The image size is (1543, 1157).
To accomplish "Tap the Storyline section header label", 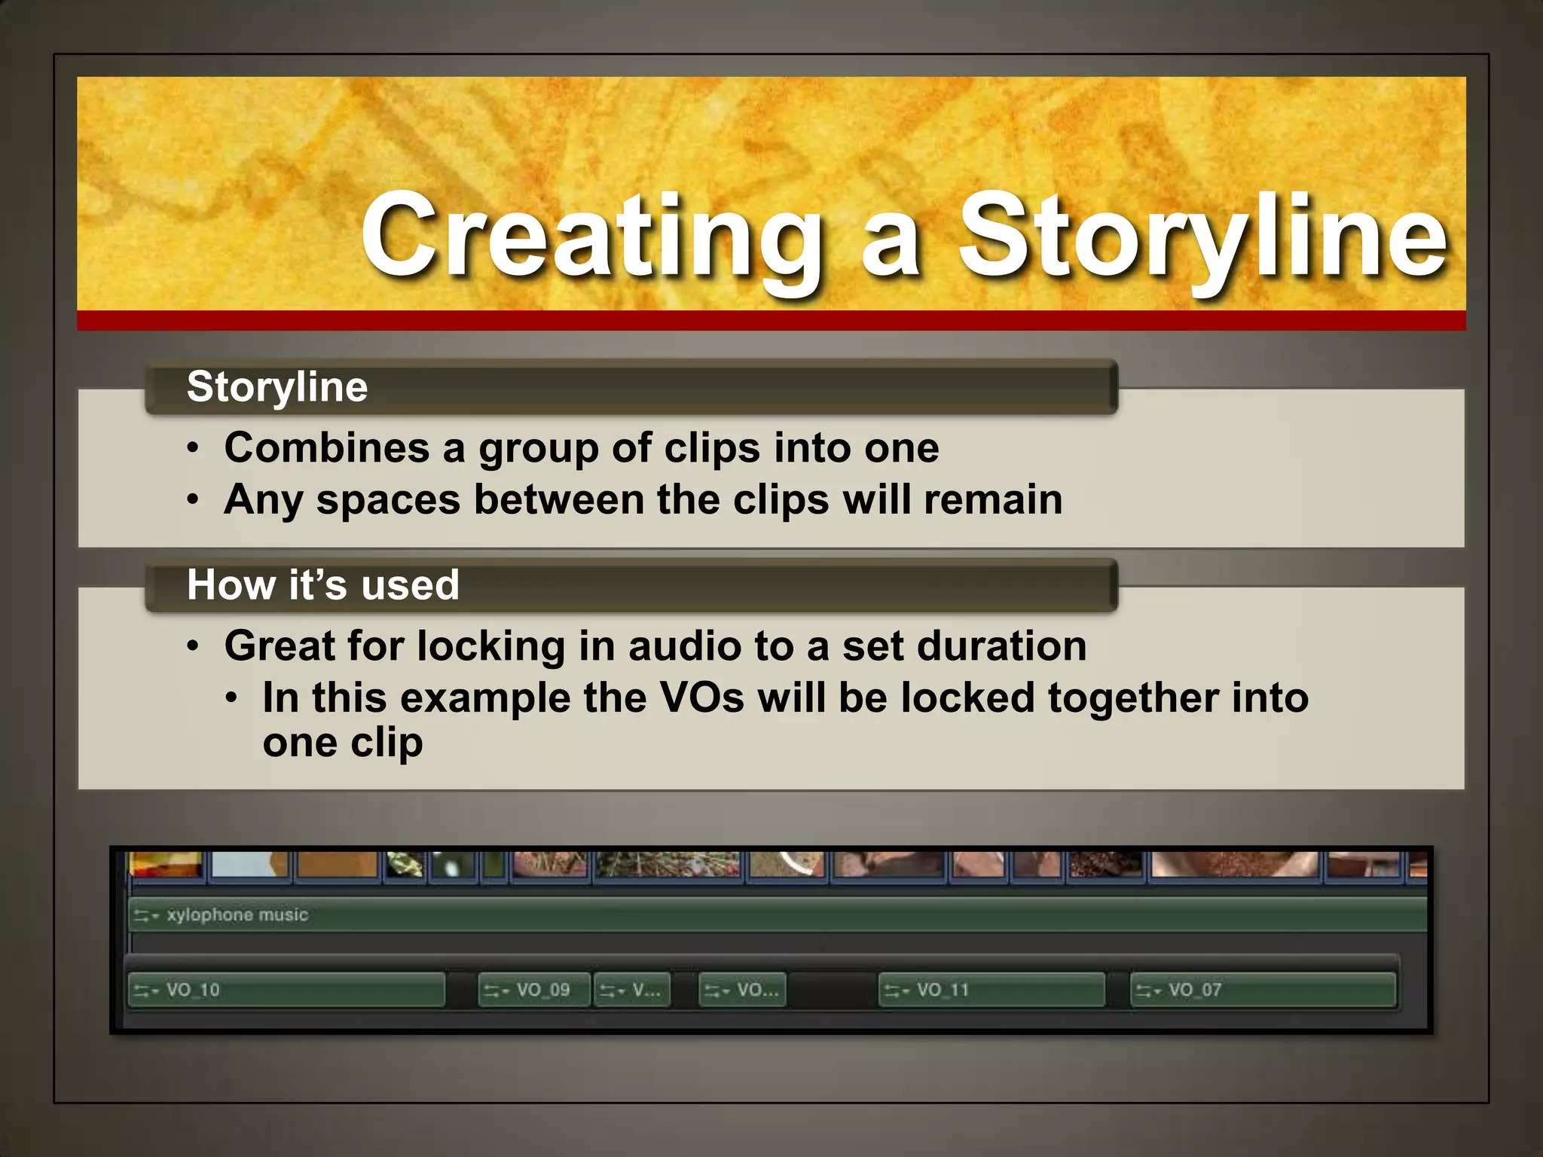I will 277,387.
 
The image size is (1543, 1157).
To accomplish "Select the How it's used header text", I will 323,585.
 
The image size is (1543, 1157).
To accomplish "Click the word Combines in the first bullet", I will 327,447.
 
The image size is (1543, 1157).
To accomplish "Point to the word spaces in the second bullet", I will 388,500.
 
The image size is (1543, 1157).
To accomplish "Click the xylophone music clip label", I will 237,915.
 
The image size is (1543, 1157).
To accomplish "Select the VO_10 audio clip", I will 286,990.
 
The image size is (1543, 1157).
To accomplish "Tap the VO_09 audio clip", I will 533,990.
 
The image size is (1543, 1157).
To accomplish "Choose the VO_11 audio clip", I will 991,990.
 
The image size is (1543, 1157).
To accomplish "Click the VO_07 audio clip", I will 1263,990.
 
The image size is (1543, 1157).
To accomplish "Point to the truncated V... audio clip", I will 632,990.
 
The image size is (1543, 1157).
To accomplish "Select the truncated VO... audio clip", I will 742,990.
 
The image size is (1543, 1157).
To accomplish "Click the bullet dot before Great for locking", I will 194,646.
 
